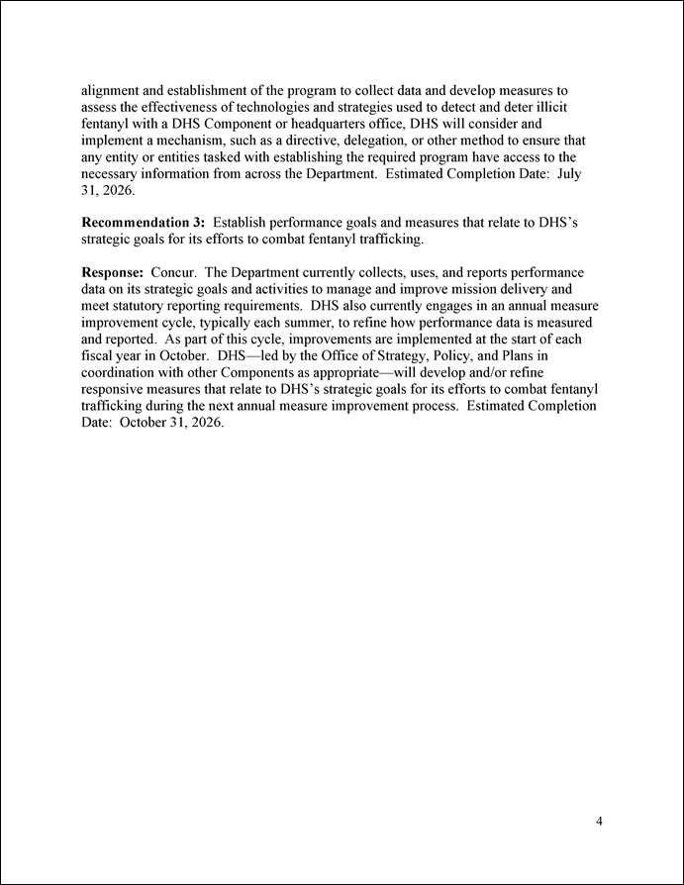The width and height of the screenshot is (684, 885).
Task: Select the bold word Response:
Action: [x=112, y=272]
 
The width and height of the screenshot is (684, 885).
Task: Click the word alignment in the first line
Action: [x=112, y=90]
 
